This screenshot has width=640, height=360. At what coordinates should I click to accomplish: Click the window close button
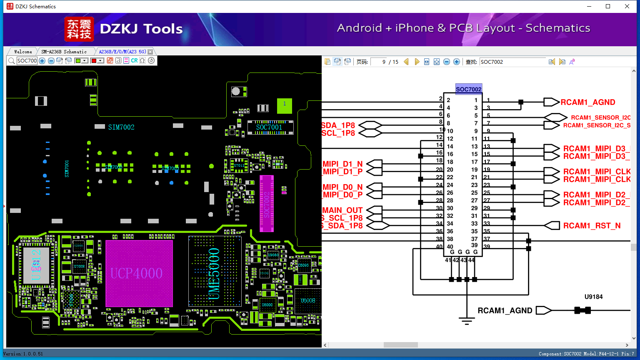627,6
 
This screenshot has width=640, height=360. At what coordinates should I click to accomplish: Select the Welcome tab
23,52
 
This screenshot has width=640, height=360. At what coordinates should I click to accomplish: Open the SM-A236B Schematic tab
64,52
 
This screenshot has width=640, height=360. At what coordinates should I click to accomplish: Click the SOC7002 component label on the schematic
468,89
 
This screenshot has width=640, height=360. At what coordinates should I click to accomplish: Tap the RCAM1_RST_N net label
592,226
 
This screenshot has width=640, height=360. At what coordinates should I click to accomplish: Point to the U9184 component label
593,297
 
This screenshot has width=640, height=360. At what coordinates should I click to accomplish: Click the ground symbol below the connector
467,321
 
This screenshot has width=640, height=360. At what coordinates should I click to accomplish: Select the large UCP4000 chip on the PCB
139,273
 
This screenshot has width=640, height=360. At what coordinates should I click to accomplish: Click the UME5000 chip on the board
214,273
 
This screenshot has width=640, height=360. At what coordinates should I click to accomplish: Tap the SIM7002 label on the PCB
121,127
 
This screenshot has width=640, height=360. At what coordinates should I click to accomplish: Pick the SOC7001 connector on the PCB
269,127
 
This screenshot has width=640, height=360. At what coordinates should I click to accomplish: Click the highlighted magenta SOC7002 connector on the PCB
267,203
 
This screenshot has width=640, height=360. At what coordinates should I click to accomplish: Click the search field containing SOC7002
512,62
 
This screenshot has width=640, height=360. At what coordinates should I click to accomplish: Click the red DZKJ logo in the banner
79,29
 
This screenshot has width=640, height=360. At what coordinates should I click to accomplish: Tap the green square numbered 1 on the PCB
285,105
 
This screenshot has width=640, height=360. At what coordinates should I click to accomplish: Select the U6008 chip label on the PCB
308,300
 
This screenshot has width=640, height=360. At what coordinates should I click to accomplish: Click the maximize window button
608,6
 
